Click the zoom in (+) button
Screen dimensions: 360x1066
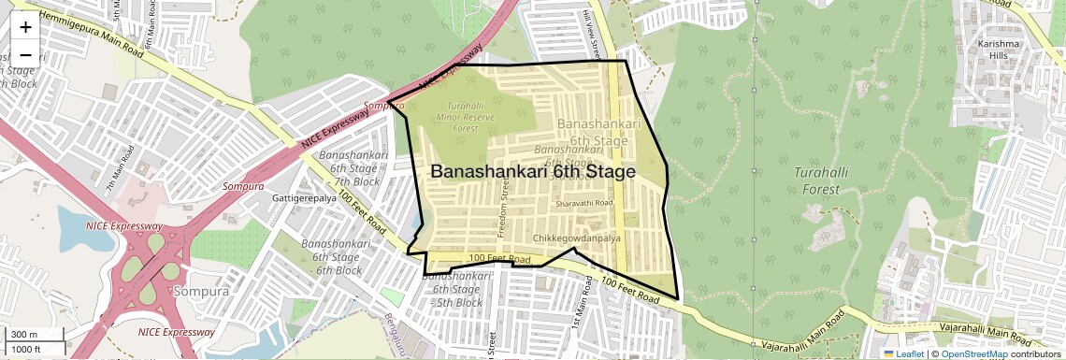[x=25, y=27]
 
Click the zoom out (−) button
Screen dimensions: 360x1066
[x=25, y=54]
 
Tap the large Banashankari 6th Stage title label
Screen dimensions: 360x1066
[x=533, y=172]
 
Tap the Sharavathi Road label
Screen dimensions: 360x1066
[x=583, y=203]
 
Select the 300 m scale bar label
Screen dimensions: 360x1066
[x=25, y=335]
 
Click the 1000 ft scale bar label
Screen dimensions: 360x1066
[x=28, y=349]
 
